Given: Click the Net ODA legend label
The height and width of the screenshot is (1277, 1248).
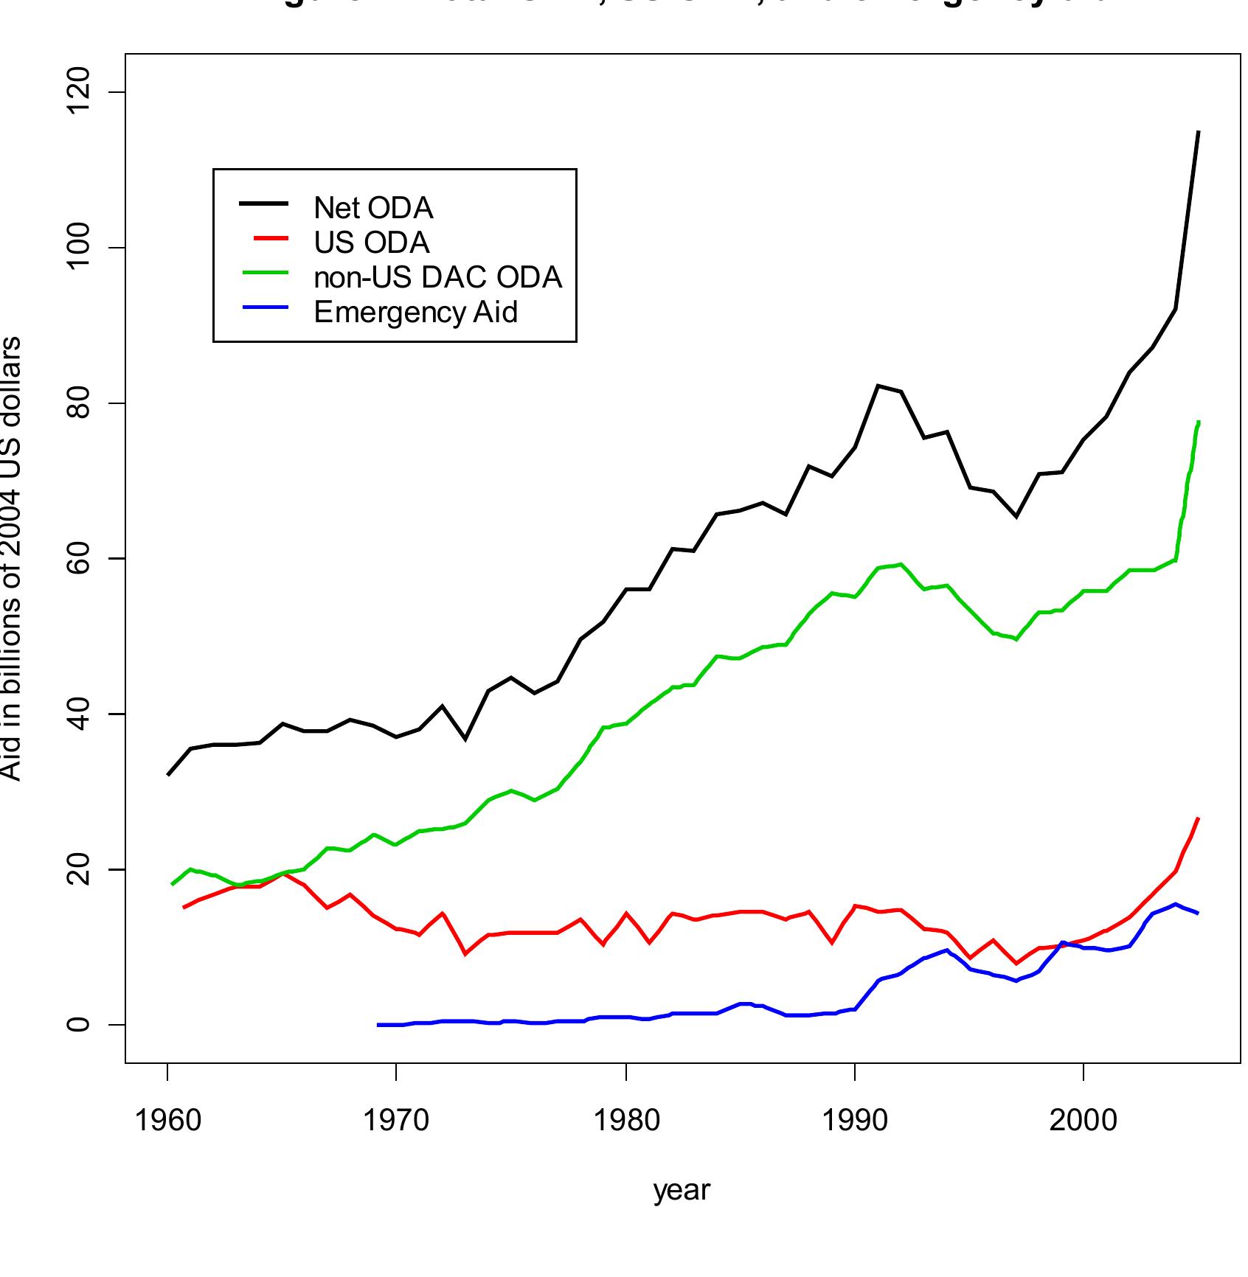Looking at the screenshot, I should (373, 208).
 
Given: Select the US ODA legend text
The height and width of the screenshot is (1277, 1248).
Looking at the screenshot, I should (371, 243).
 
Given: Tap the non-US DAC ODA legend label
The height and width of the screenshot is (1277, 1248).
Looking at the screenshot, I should (437, 277).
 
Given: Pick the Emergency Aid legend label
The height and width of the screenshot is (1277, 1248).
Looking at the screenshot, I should (415, 312).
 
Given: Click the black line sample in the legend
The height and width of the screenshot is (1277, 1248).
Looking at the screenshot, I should (264, 203).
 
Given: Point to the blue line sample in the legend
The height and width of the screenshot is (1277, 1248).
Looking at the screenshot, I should (264, 307).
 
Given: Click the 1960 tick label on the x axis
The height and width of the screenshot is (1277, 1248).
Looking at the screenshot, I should (168, 1121).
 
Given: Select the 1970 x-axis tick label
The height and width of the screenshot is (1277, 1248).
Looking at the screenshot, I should (397, 1121).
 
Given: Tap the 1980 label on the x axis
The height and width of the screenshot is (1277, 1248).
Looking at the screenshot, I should (626, 1121).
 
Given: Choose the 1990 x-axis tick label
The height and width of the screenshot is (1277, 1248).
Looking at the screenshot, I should (855, 1121).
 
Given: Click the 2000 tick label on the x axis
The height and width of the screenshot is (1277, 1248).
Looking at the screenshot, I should (1084, 1121).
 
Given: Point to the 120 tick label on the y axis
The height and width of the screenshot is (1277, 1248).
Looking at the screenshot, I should (78, 91).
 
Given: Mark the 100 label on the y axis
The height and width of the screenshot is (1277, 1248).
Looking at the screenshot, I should (78, 248).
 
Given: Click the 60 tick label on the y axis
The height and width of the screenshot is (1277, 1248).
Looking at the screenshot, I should (78, 559).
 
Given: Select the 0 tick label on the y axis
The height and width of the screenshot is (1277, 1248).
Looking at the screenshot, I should (78, 1025).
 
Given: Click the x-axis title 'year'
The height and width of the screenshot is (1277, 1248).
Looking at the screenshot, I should (682, 1190).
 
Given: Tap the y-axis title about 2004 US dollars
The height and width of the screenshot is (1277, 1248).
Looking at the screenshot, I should (10, 558).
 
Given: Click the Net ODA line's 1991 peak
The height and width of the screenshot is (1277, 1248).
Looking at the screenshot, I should (878, 386).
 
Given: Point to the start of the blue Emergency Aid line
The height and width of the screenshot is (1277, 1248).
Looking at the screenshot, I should (378, 1025).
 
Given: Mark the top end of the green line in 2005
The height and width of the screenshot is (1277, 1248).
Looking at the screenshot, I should (1199, 422).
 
